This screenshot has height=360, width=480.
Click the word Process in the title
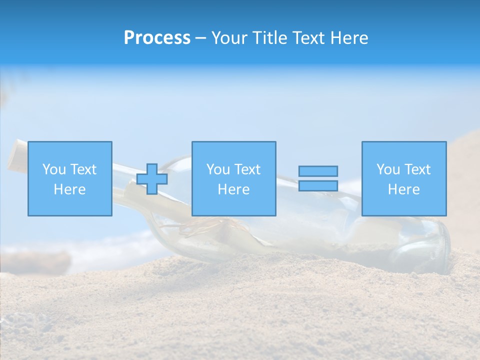[157, 38]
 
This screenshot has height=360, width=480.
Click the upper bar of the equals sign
[318, 171]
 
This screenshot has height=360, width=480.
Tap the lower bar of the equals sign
[318, 185]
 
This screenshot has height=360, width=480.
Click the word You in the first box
[54, 169]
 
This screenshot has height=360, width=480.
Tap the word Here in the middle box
[234, 189]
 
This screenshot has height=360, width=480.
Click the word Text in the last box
[417, 169]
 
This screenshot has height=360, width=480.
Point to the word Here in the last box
[404, 189]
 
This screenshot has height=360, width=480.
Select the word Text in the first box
[83, 169]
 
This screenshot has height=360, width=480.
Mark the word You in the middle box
[218, 169]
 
